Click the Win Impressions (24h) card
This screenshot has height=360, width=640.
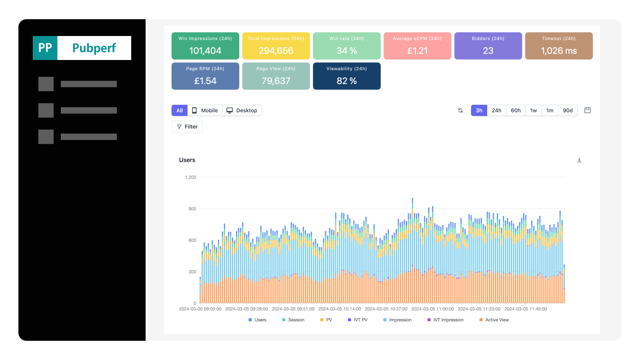pyautogui.click(x=205, y=46)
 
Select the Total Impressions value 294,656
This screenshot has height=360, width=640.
pyautogui.click(x=276, y=51)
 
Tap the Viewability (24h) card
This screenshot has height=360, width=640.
pyautogui.click(x=346, y=76)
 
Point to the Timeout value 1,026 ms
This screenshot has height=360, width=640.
pyautogui.click(x=558, y=51)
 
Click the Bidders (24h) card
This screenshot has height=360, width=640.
pyautogui.click(x=488, y=46)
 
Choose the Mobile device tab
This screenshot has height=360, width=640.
pyautogui.click(x=205, y=110)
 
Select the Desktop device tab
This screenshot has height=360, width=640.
pyautogui.click(x=242, y=110)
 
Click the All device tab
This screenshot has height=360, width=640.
pyautogui.click(x=180, y=110)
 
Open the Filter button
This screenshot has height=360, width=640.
pyautogui.click(x=187, y=126)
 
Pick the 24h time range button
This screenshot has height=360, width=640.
pyautogui.click(x=496, y=110)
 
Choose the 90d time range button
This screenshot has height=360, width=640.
pyautogui.click(x=568, y=110)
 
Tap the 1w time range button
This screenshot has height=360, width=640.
pyautogui.click(x=533, y=110)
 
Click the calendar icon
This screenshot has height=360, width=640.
pyautogui.click(x=588, y=110)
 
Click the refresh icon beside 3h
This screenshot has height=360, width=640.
pyautogui.click(x=460, y=110)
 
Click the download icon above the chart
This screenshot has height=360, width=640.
pyautogui.click(x=579, y=160)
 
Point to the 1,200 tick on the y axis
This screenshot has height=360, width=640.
pyautogui.click(x=190, y=178)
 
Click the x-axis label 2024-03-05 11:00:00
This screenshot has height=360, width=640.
pyautogui.click(x=432, y=309)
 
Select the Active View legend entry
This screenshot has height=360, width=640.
pyautogui.click(x=494, y=320)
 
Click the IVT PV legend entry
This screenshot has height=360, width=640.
pyautogui.click(x=358, y=320)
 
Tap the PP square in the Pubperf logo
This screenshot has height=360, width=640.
pyautogui.click(x=45, y=48)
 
